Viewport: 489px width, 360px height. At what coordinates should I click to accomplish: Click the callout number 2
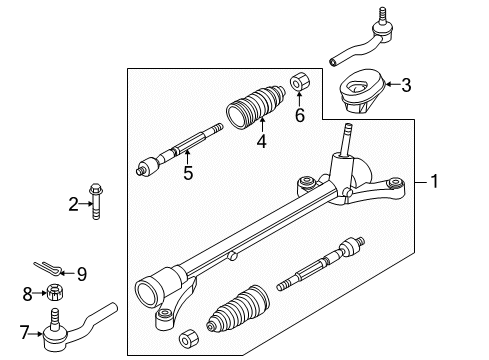[72, 204]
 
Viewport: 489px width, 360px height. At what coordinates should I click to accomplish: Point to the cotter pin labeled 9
[55, 265]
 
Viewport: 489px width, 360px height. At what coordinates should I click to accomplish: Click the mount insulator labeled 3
[368, 93]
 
